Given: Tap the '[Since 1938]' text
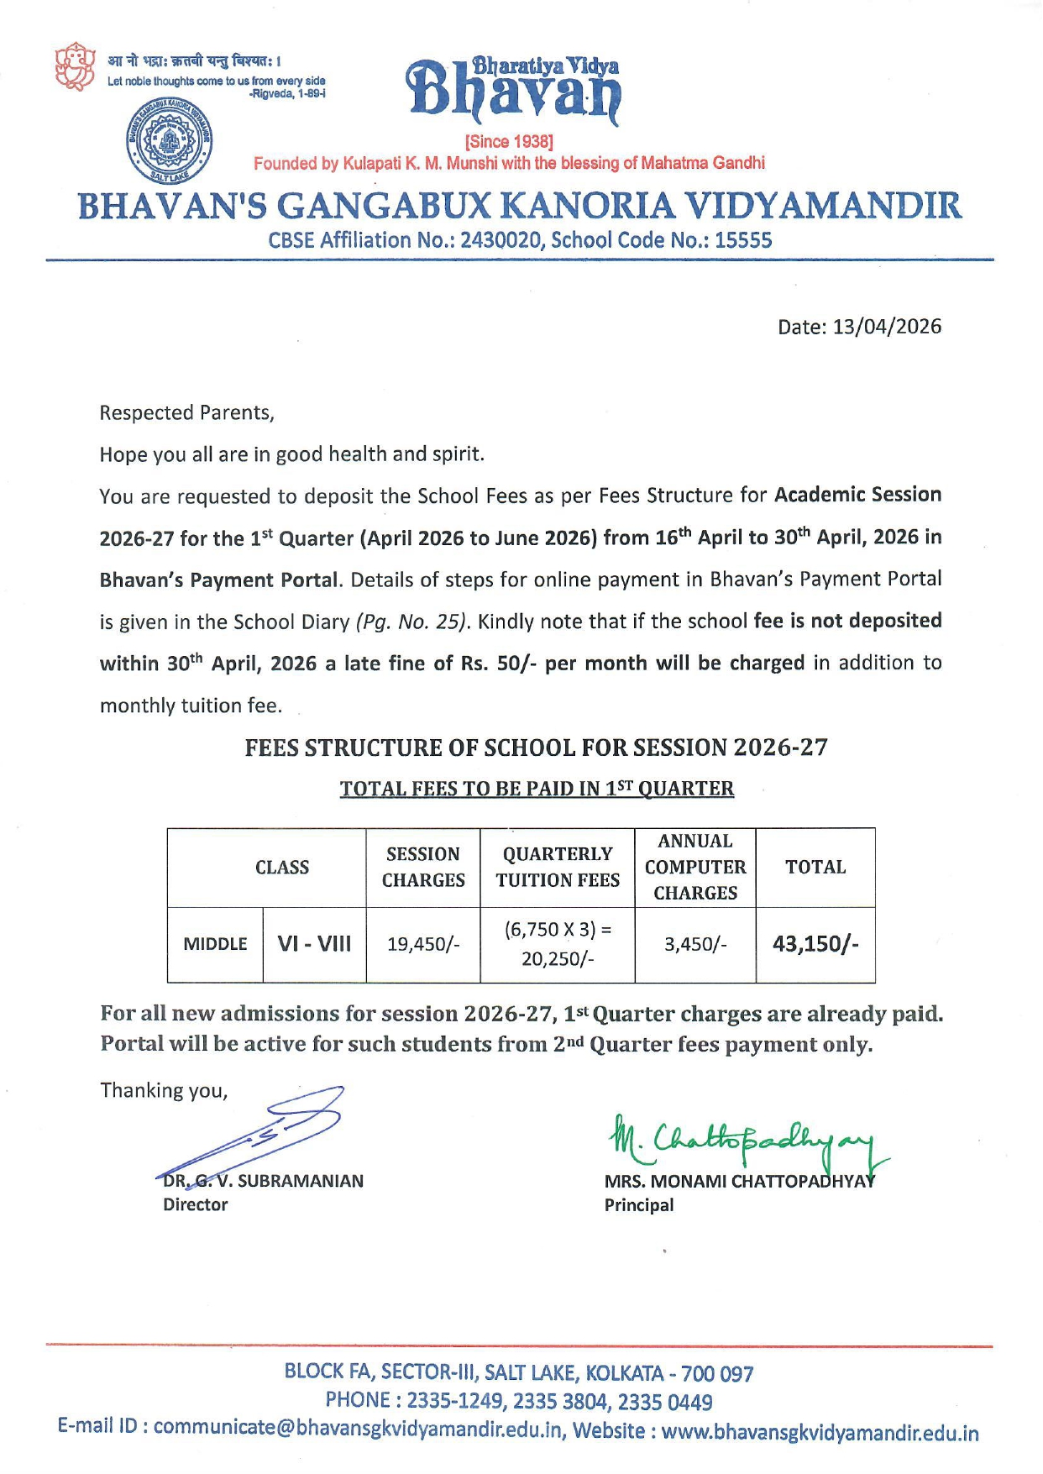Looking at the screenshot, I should (509, 141).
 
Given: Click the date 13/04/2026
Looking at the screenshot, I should (887, 327).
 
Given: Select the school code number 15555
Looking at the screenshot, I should (743, 241).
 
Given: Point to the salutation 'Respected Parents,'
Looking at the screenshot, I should (186, 413).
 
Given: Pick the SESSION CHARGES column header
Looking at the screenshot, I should (423, 867).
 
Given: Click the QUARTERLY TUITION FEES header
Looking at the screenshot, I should (558, 867).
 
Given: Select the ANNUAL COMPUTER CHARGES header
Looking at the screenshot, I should (695, 867).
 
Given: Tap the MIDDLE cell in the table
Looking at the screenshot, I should (215, 944).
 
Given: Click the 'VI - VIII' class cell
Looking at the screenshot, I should (314, 944).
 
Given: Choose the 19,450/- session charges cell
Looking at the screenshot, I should (423, 944).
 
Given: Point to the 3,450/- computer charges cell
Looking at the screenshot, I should (695, 944).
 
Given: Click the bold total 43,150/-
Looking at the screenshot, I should (815, 944).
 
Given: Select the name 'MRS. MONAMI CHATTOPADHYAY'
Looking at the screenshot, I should (739, 1182).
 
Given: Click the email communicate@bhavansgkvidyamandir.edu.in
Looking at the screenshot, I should (359, 1428).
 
